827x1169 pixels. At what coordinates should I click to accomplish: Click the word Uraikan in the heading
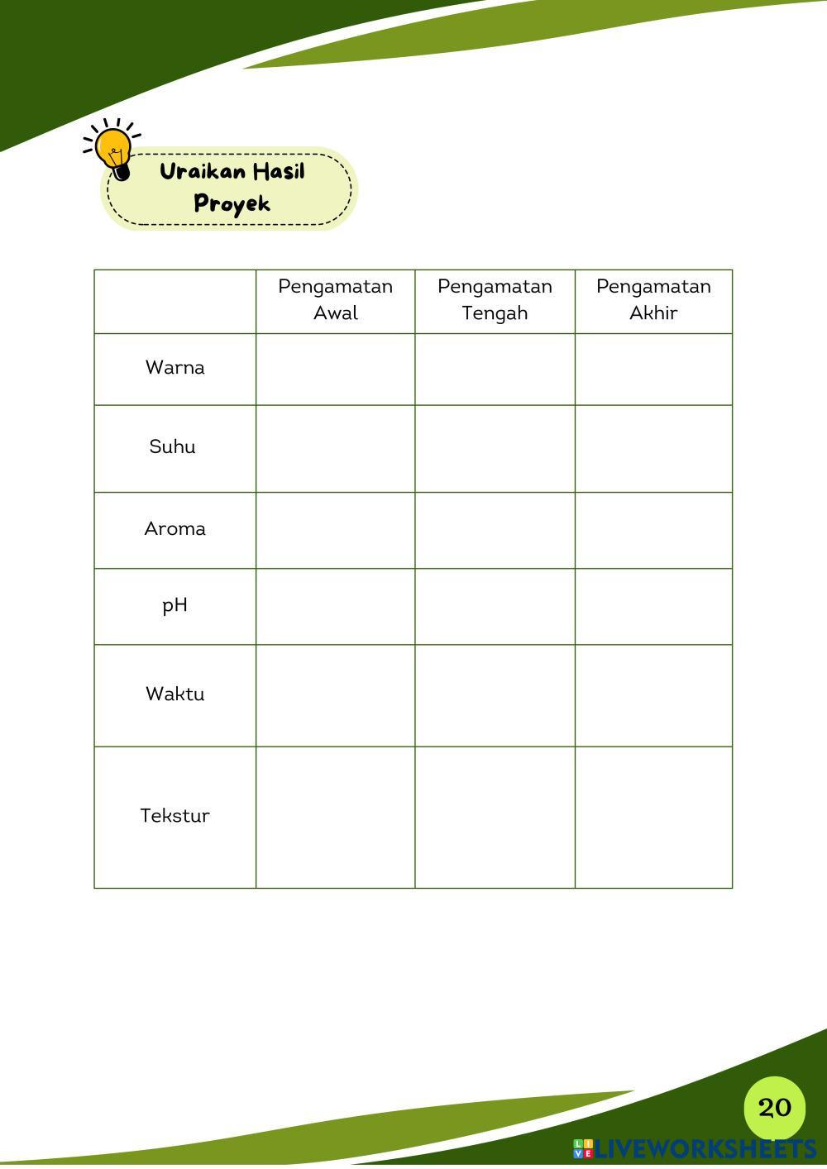tap(202, 172)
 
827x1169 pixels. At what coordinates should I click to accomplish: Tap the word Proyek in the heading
tap(232, 203)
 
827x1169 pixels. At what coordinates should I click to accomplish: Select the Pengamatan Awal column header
tap(335, 299)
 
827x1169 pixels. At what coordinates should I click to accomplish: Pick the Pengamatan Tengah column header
tap(495, 299)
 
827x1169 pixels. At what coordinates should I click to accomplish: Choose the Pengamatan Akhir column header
tap(653, 299)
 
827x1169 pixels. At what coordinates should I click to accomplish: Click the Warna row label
tap(174, 368)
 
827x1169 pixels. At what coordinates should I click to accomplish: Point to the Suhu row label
tap(173, 447)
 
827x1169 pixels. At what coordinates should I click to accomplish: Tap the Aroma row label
tap(174, 529)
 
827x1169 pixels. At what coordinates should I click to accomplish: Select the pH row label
tap(174, 605)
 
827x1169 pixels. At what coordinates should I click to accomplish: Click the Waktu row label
tap(174, 694)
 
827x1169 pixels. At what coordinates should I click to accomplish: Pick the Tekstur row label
tap(174, 816)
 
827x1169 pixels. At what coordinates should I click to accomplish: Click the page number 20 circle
tap(774, 1108)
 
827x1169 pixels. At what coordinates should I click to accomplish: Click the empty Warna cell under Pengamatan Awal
tap(335, 370)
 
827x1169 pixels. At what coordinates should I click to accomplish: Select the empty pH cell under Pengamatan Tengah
tap(495, 607)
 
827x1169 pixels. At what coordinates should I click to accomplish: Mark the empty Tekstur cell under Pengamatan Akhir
tap(653, 818)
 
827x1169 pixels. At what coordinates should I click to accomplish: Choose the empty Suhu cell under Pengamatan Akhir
tap(653, 449)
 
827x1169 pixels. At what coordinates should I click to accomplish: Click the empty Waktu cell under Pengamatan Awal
tap(335, 695)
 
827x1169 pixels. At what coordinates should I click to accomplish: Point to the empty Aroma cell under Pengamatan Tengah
tap(495, 531)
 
